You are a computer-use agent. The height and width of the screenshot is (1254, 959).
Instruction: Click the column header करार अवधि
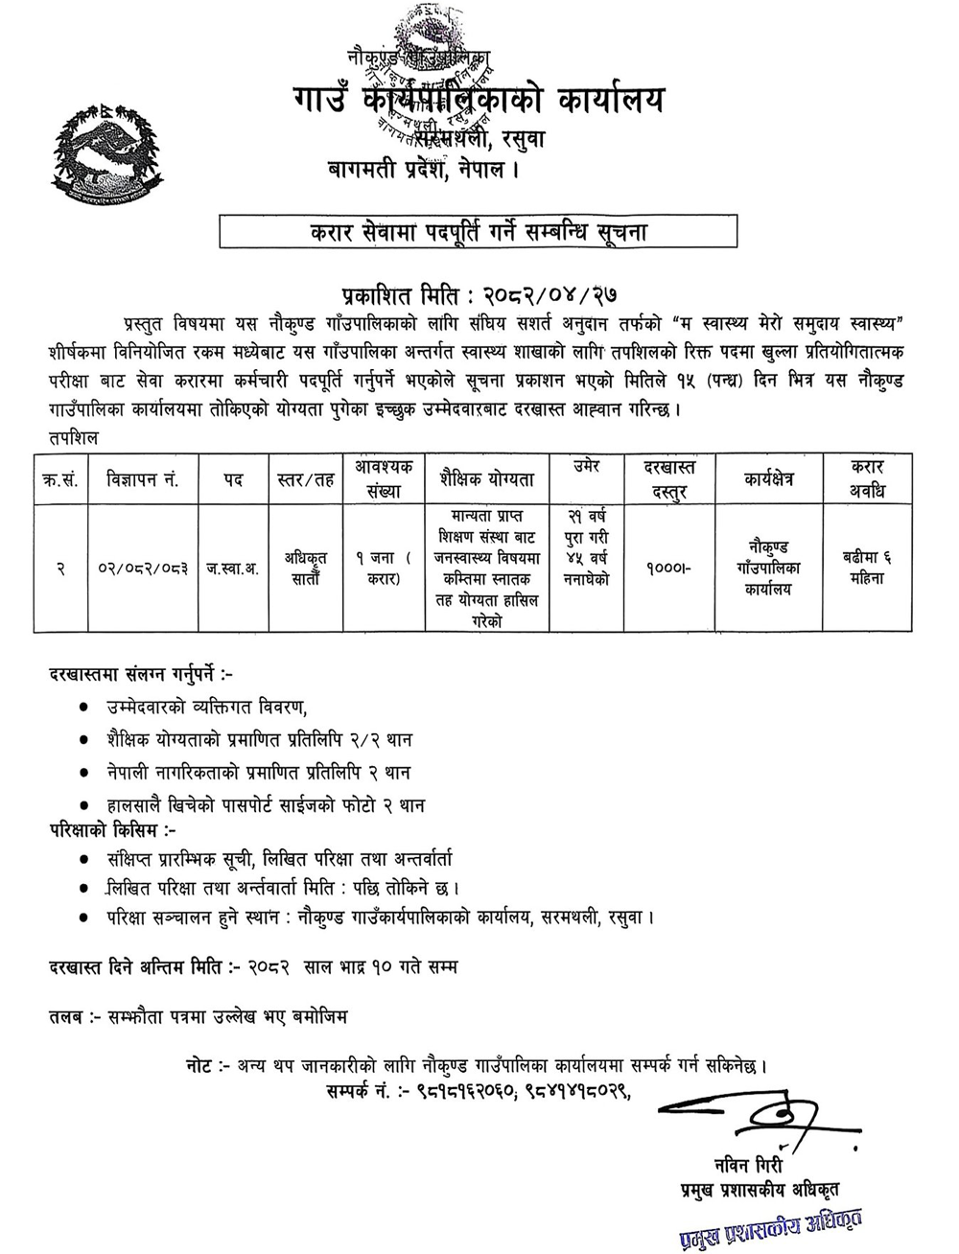tap(866, 478)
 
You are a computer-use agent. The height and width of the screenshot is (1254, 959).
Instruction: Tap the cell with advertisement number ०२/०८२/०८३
tap(143, 569)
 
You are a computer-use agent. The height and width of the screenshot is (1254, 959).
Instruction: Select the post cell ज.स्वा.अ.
tap(233, 569)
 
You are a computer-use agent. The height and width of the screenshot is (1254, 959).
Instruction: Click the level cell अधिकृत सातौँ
tap(305, 569)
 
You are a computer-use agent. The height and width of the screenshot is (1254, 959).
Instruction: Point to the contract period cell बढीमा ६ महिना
tap(866, 569)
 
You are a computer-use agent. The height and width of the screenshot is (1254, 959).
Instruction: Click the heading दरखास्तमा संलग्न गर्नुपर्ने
tap(134, 675)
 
